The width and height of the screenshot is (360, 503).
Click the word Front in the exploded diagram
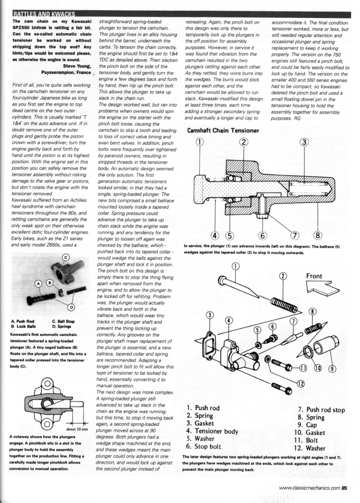[314, 276]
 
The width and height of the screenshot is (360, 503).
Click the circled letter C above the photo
[65, 257]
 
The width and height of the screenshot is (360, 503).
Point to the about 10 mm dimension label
[77, 429]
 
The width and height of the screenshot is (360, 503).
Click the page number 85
[344, 487]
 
